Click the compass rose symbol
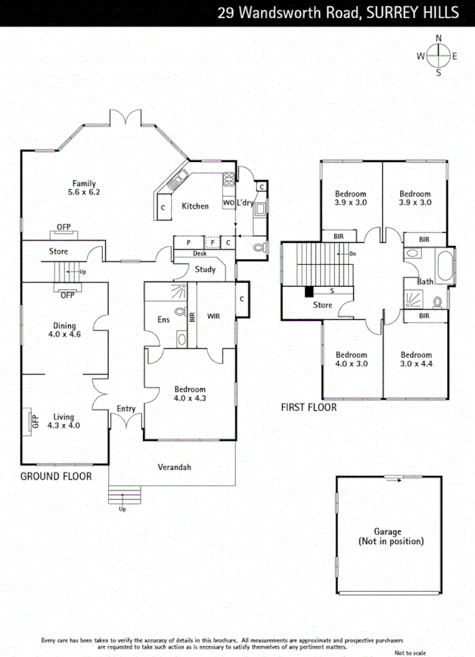438,54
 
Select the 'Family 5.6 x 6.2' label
84,188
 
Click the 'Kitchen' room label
195,206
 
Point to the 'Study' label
205,269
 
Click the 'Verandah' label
175,467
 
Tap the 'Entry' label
126,409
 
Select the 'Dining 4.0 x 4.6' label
64,330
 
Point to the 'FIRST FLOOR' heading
309,407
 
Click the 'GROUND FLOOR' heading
56,476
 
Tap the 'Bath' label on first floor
425,282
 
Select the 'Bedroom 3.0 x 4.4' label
416,360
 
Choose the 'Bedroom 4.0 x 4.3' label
190,394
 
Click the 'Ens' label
163,319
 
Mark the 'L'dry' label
245,204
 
